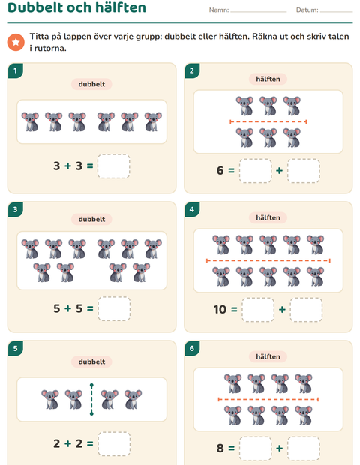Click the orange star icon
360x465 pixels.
click(x=16, y=42)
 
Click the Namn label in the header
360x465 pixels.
click(x=219, y=10)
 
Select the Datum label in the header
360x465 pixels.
click(x=307, y=10)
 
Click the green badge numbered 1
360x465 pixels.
click(x=16, y=70)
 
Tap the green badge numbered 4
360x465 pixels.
click(x=192, y=209)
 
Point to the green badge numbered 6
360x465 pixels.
click(x=192, y=348)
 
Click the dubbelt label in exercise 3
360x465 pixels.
click(x=91, y=219)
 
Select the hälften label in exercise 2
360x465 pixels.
click(x=268, y=79)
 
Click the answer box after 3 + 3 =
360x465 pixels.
click(x=113, y=166)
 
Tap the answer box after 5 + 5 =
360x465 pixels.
click(x=114, y=308)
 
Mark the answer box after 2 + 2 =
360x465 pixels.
click(x=114, y=444)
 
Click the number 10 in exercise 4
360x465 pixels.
click(x=220, y=310)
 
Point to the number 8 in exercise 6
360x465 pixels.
click(x=220, y=448)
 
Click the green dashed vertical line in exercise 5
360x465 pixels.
click(x=91, y=399)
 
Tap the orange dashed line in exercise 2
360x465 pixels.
click(x=268, y=121)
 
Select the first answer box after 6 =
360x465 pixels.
click(x=255, y=171)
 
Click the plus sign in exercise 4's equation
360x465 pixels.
click(x=282, y=310)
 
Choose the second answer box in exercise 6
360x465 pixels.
click(x=304, y=448)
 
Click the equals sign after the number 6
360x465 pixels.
click(x=231, y=171)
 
